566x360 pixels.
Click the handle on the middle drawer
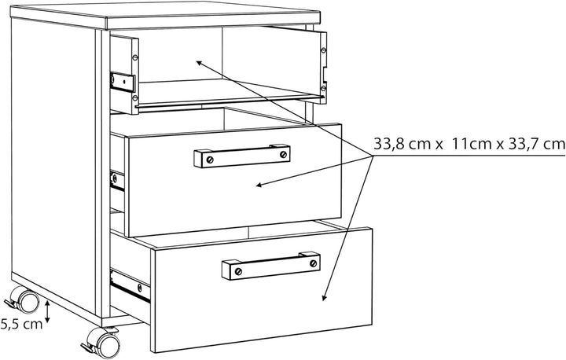242,156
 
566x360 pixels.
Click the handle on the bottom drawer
270,266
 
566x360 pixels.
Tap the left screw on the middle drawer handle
210,160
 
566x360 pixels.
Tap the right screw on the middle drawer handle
283,155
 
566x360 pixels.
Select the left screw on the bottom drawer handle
238,271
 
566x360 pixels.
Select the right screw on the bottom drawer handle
314,263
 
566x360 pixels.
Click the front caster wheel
107,343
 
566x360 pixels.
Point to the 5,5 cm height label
22,324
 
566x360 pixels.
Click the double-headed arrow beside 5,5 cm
47,311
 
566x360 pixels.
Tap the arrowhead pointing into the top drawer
199,63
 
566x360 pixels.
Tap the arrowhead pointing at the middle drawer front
259,186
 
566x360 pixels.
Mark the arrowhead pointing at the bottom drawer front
324,298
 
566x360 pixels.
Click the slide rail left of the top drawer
123,82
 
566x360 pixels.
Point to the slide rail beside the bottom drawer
130,285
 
